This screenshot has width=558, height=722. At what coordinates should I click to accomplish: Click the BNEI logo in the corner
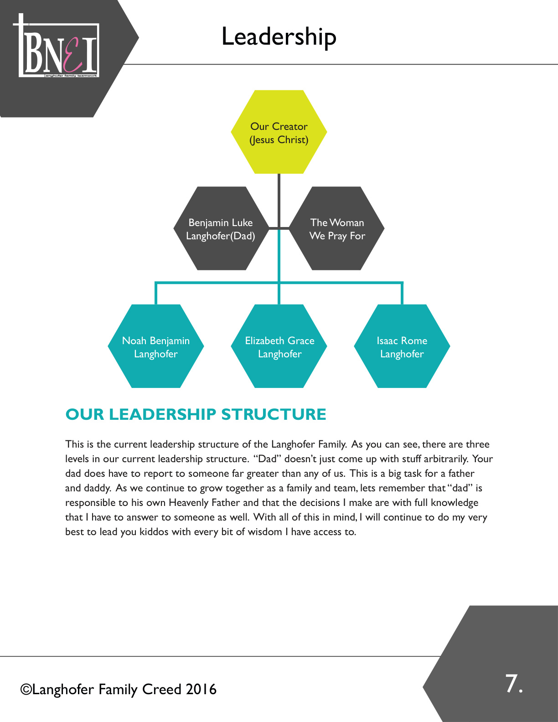coord(56,46)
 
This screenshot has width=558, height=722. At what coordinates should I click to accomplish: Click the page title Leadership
coord(279,37)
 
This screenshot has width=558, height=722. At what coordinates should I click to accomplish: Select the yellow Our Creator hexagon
coord(279,132)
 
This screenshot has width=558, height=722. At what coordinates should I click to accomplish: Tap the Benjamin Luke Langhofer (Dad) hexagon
coord(222,228)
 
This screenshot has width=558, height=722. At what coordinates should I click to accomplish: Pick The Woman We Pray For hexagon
coord(336,228)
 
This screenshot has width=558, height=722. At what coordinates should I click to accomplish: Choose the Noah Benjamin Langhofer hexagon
coord(156,346)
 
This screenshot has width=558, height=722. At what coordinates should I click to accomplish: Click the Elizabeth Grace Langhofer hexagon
coord(279,346)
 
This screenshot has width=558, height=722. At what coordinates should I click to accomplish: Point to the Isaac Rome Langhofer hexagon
coord(402,346)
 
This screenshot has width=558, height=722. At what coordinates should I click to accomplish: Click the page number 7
coord(514,684)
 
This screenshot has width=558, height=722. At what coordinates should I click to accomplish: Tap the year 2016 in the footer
coord(201,690)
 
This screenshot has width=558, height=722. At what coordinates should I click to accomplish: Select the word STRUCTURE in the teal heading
coord(274,414)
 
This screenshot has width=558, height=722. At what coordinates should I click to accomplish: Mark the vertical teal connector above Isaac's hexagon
coord(402,293)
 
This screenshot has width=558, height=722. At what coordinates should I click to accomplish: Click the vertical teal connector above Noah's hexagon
coord(156,293)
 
